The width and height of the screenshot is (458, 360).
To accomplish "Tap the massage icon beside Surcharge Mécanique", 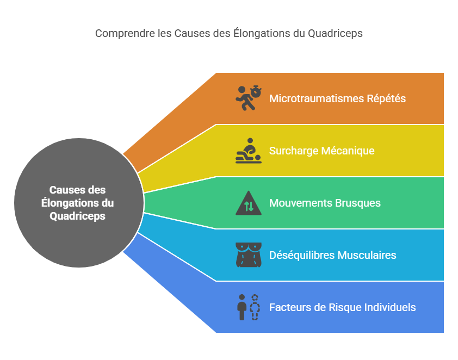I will point(248,151).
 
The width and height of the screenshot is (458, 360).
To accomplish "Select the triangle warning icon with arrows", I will point(248,204).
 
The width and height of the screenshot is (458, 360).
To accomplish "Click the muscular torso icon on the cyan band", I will point(248,255).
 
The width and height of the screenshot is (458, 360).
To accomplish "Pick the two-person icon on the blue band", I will point(248,307).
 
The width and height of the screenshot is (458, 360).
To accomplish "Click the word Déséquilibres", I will point(302,255).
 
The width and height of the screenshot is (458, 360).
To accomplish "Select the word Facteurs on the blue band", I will point(289,307).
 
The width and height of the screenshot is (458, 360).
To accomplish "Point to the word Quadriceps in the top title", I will point(335,33).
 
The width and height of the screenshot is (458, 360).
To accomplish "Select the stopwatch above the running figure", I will point(254,90).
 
